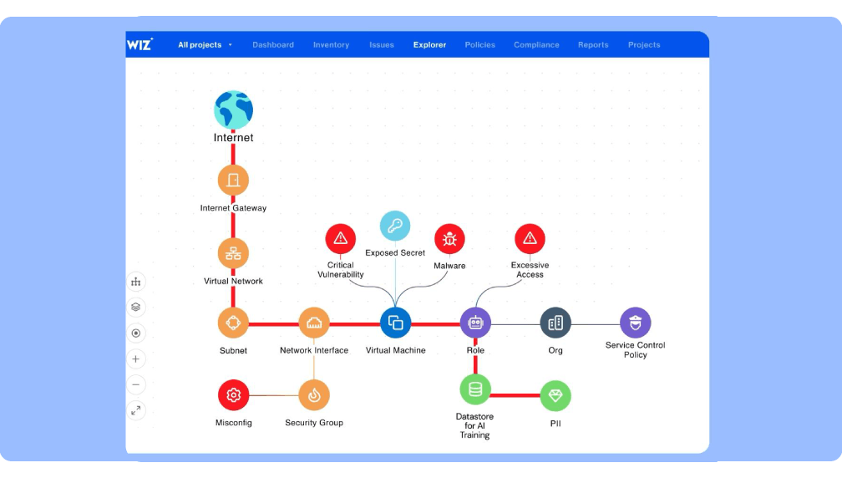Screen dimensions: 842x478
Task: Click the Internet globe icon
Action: click(x=233, y=110)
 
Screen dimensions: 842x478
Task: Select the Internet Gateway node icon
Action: click(x=233, y=180)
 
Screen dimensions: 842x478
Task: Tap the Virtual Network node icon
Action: click(x=233, y=253)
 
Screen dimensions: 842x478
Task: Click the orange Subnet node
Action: click(x=233, y=323)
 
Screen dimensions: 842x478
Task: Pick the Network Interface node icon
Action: click(x=314, y=323)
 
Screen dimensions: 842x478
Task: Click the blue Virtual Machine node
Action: click(x=396, y=323)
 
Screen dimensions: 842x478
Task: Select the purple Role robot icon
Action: click(x=475, y=323)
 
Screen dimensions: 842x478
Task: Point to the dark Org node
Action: click(x=555, y=323)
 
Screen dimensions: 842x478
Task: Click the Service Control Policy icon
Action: click(x=635, y=323)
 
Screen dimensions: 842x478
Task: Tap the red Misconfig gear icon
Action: click(x=233, y=395)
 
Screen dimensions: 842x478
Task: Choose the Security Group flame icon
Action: click(x=314, y=395)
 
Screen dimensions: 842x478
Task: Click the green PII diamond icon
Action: click(x=555, y=396)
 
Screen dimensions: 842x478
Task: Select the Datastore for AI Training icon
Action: click(x=475, y=389)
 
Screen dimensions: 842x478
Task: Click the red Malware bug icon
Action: click(x=449, y=239)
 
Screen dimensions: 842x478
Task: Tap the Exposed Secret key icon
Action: click(x=395, y=226)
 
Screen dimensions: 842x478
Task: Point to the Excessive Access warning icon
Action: click(x=530, y=239)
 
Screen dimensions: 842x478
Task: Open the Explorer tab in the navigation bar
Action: click(x=429, y=45)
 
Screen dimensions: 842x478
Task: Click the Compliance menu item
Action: click(x=536, y=45)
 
